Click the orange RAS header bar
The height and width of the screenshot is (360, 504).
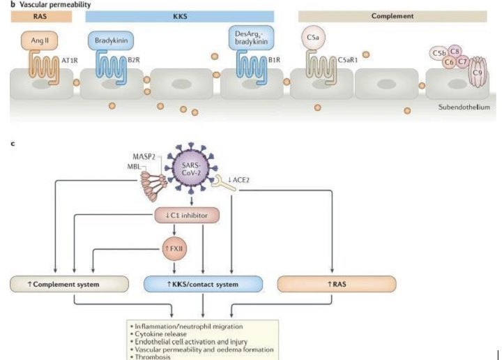[37, 16]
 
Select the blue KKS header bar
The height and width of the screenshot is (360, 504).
[179, 16]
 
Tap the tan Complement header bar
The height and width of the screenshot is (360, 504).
[392, 16]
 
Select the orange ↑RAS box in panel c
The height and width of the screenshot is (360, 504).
[336, 284]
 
